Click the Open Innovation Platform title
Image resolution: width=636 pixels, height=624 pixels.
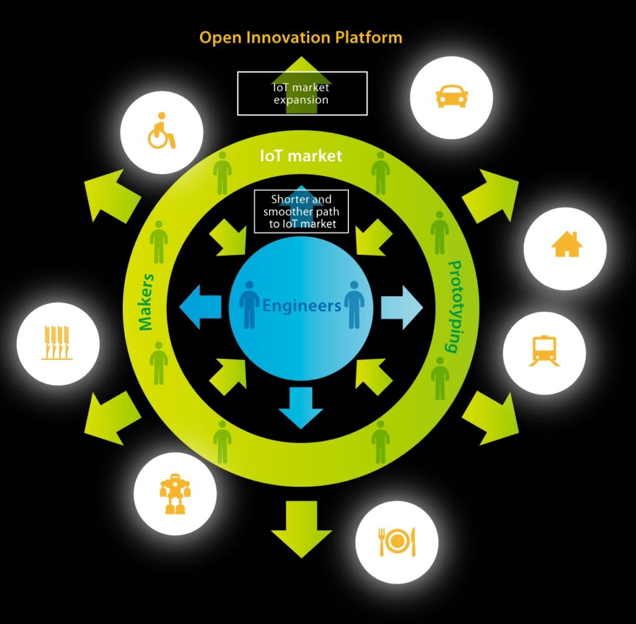coord(301,37)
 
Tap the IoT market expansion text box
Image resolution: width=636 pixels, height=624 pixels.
coord(302,94)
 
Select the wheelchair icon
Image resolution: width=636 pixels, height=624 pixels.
coord(161,131)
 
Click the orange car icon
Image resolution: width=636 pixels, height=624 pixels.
coord(452,97)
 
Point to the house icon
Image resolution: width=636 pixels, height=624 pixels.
coord(566,245)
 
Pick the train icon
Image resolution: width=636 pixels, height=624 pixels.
coord(543,351)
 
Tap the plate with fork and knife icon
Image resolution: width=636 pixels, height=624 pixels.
coord(396,541)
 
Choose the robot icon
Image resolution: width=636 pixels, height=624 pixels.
coord(175,494)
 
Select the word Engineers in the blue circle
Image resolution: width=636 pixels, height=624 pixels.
coord(301,305)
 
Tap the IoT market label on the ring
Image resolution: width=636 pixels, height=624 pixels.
coord(301,156)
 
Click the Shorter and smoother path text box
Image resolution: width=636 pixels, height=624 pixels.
coord(301,212)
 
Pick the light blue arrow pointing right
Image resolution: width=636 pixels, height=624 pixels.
coord(402,307)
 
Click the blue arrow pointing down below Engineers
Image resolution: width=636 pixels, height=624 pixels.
coord(301,407)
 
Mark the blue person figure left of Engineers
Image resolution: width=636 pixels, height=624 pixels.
coord(250,304)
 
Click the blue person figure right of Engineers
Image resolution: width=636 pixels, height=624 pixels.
coord(354,304)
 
